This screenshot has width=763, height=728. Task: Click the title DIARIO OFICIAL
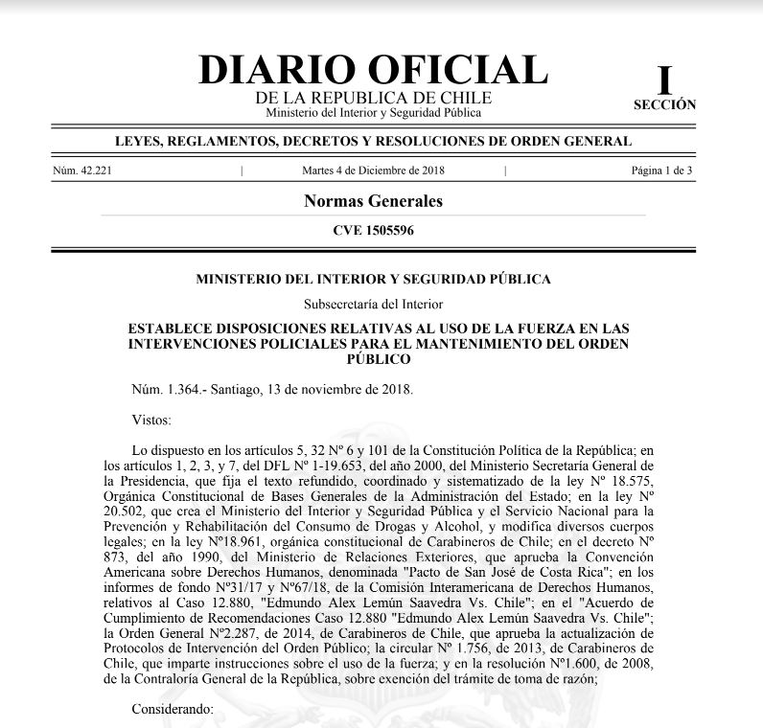click(x=373, y=70)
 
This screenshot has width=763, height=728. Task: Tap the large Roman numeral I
click(x=664, y=79)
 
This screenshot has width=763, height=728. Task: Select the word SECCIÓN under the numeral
click(x=664, y=105)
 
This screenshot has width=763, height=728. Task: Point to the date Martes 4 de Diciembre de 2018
click(x=373, y=171)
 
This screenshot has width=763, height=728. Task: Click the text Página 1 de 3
click(x=662, y=171)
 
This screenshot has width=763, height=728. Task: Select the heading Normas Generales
click(x=373, y=201)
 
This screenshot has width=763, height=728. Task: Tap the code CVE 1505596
click(x=373, y=230)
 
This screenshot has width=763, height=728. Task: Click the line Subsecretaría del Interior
click(x=373, y=305)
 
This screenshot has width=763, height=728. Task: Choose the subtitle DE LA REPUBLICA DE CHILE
click(x=373, y=99)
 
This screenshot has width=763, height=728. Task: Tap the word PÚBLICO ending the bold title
click(x=373, y=359)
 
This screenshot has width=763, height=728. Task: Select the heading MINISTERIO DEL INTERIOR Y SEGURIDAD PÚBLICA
click(x=373, y=280)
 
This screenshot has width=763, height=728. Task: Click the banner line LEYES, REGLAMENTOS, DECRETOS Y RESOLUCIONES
click(x=373, y=142)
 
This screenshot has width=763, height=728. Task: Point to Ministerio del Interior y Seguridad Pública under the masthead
click(x=373, y=113)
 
